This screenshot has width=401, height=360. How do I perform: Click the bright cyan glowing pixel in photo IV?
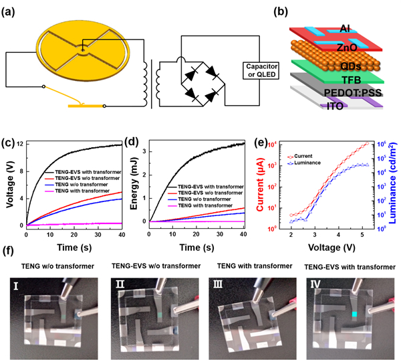pyautogui.click(x=354, y=314)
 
